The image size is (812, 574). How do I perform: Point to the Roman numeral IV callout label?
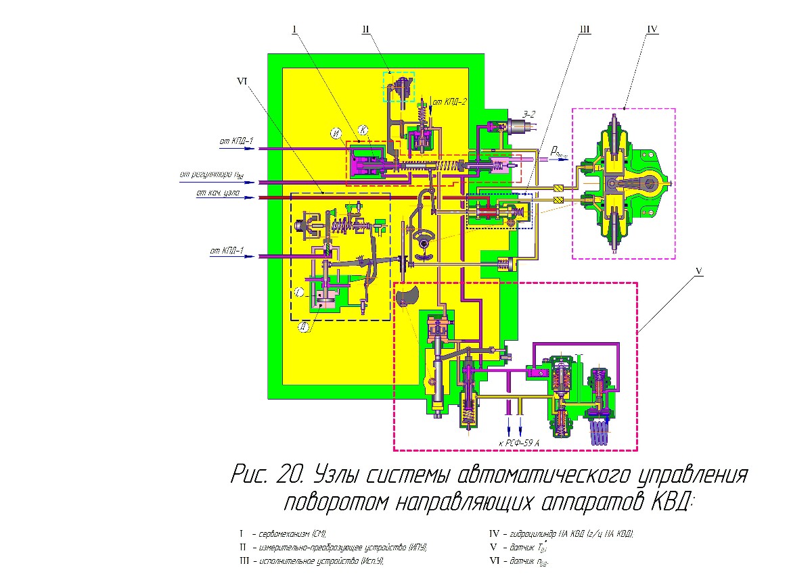click(x=652, y=29)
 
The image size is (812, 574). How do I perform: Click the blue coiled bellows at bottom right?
click(x=600, y=431)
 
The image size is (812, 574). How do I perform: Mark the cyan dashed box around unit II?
click(x=399, y=86)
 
